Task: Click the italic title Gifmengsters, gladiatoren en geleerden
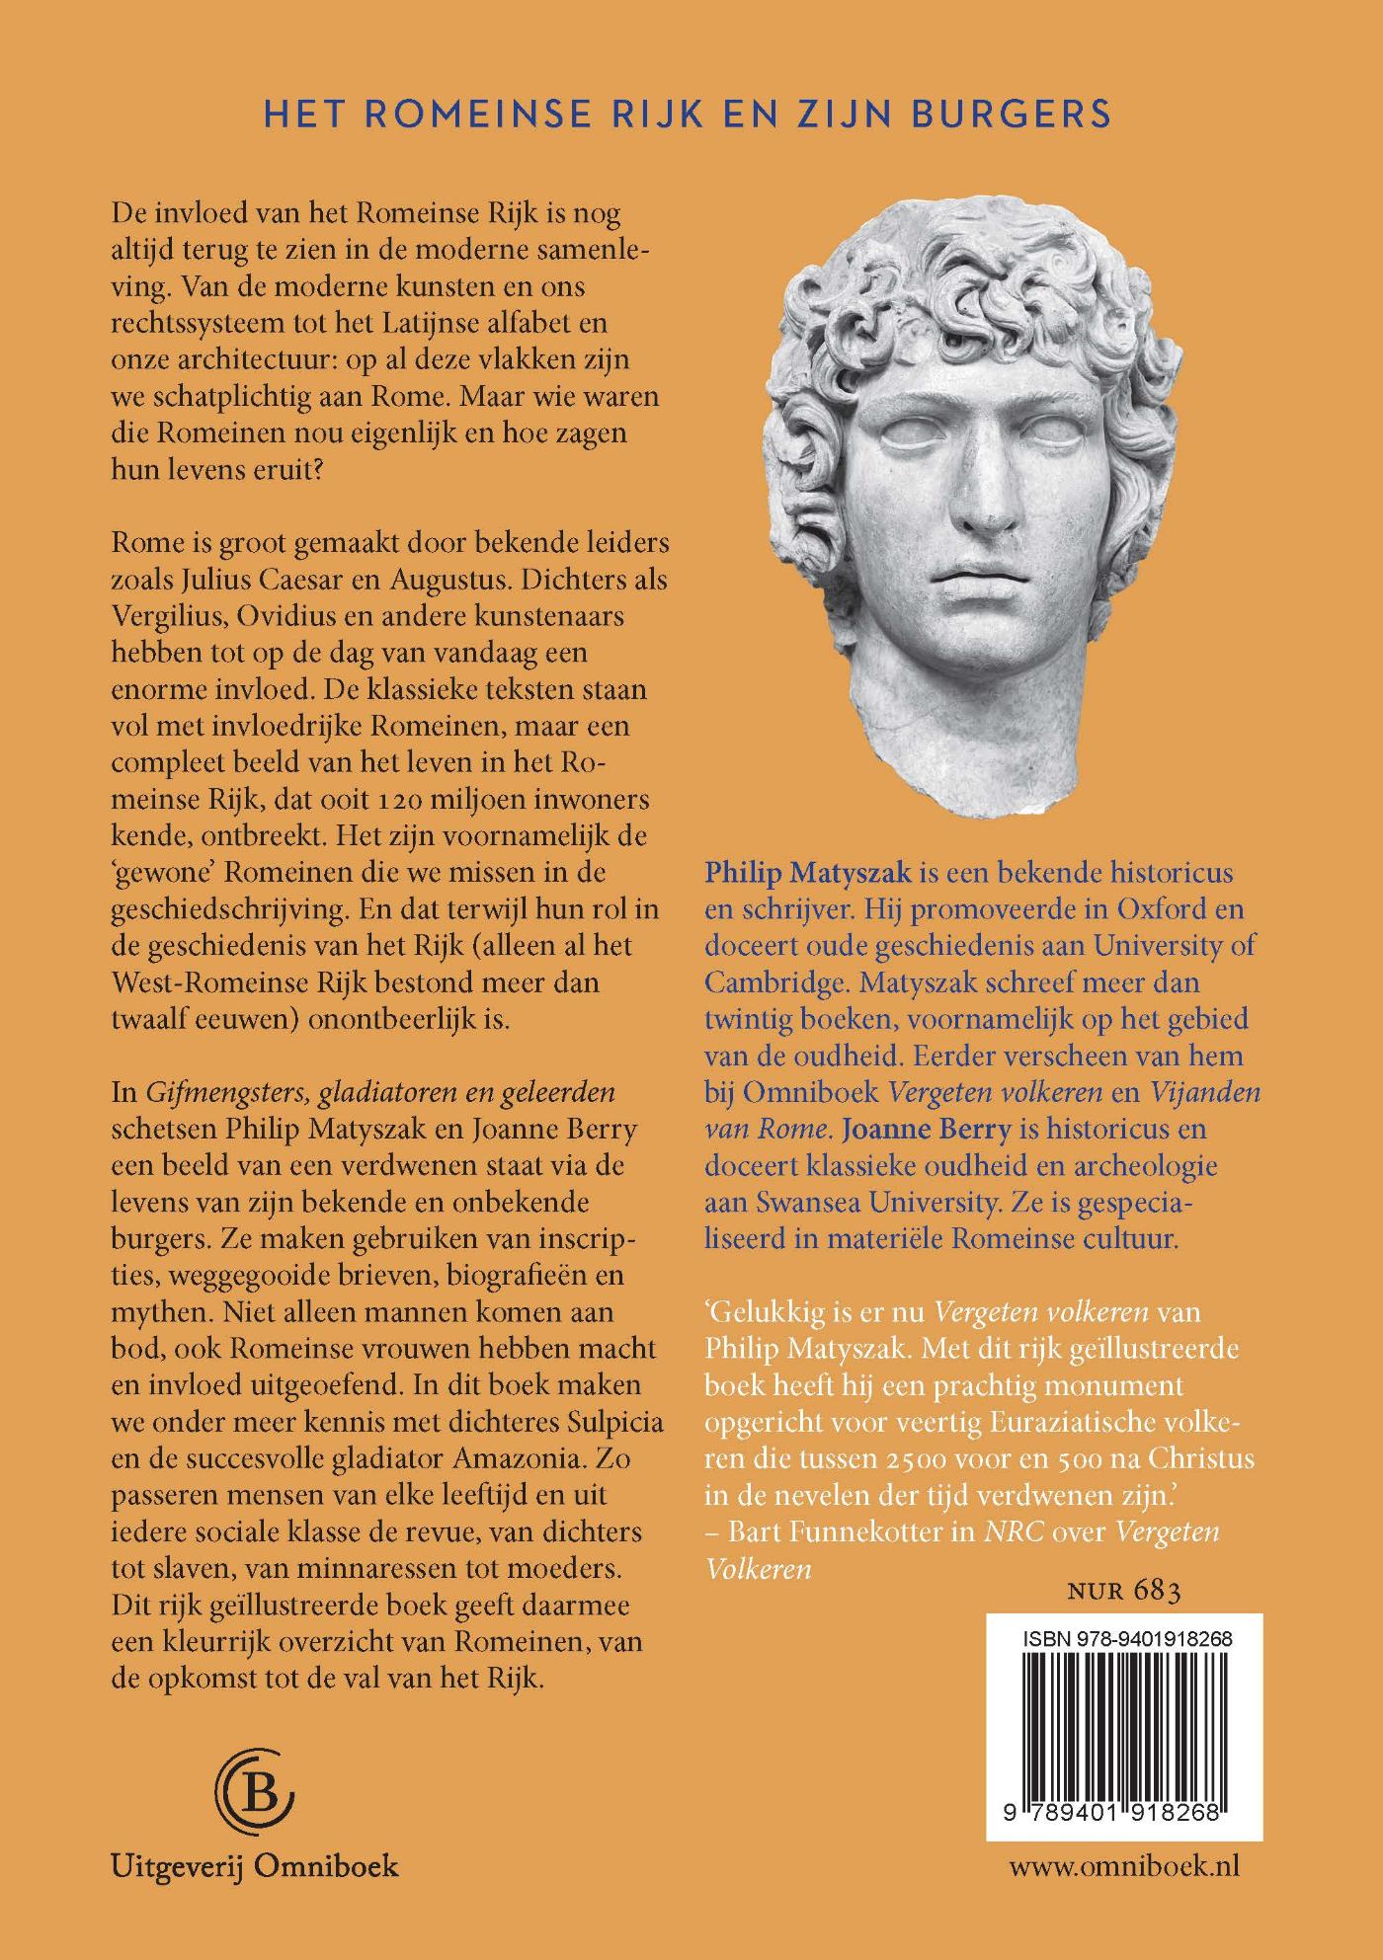click(381, 1093)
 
